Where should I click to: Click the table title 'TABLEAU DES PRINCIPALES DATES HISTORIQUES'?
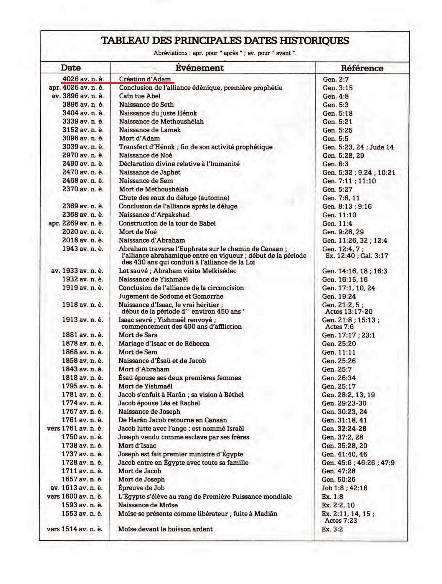point(225,40)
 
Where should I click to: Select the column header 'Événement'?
point(199,68)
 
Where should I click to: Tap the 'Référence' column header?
point(362,68)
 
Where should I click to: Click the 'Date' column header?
point(71,68)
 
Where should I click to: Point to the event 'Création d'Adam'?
point(145,79)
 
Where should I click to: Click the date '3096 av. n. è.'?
point(83,138)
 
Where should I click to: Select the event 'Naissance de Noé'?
point(145,155)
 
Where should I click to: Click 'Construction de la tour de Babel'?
point(167,223)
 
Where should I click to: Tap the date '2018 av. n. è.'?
point(83,240)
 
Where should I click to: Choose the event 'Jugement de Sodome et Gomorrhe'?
point(171,296)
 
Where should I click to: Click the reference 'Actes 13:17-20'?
point(349,312)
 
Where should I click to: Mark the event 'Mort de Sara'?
point(138,335)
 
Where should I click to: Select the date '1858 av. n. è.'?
point(83,361)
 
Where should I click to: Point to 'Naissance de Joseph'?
point(149,412)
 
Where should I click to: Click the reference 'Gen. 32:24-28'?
point(344,429)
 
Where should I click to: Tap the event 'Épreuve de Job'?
point(141,488)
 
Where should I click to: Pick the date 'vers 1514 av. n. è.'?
point(75,529)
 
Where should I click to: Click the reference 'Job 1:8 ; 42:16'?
point(344,488)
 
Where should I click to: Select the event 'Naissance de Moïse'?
point(148,505)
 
